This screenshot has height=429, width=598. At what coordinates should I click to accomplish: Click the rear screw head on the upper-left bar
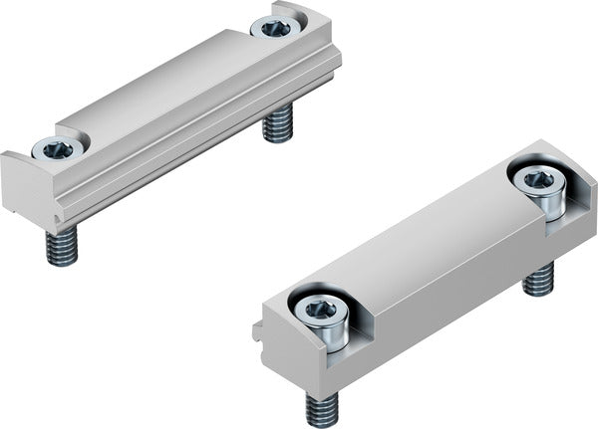(x=277, y=27)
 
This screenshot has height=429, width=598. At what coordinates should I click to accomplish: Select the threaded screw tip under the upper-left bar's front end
(x=62, y=247)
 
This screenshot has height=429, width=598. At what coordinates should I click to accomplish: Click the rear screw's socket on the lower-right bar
(x=539, y=180)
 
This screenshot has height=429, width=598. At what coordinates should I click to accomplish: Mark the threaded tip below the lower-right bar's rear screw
(x=538, y=279)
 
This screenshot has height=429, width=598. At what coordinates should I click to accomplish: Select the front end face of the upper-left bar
(x=25, y=189)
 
